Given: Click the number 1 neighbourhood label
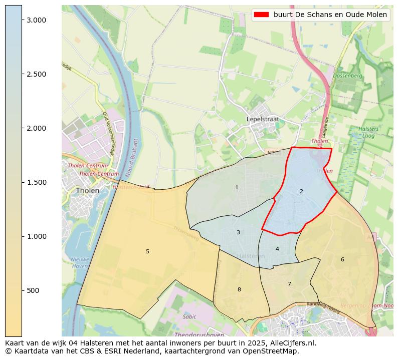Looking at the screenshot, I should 237,187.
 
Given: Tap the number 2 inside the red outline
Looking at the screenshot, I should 301,191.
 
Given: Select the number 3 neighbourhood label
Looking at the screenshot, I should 238,232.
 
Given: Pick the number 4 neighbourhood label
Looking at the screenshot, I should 277,249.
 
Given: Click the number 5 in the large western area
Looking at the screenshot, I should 147,251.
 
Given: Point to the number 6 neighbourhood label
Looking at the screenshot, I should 342,259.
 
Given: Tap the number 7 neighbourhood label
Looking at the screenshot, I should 289,284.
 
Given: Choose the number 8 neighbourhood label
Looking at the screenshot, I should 239,289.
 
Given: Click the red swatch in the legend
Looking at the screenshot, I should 261,15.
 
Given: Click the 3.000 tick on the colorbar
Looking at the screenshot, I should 36,20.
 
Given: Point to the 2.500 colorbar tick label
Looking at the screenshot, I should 36,74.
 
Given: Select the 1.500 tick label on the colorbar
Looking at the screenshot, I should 36,182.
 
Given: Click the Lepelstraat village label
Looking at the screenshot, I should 262,119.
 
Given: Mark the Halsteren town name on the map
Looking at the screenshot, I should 251,256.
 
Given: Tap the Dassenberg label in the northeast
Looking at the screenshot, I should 348,76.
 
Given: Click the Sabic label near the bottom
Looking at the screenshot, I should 189,316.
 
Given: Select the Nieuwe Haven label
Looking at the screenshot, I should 79,263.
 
